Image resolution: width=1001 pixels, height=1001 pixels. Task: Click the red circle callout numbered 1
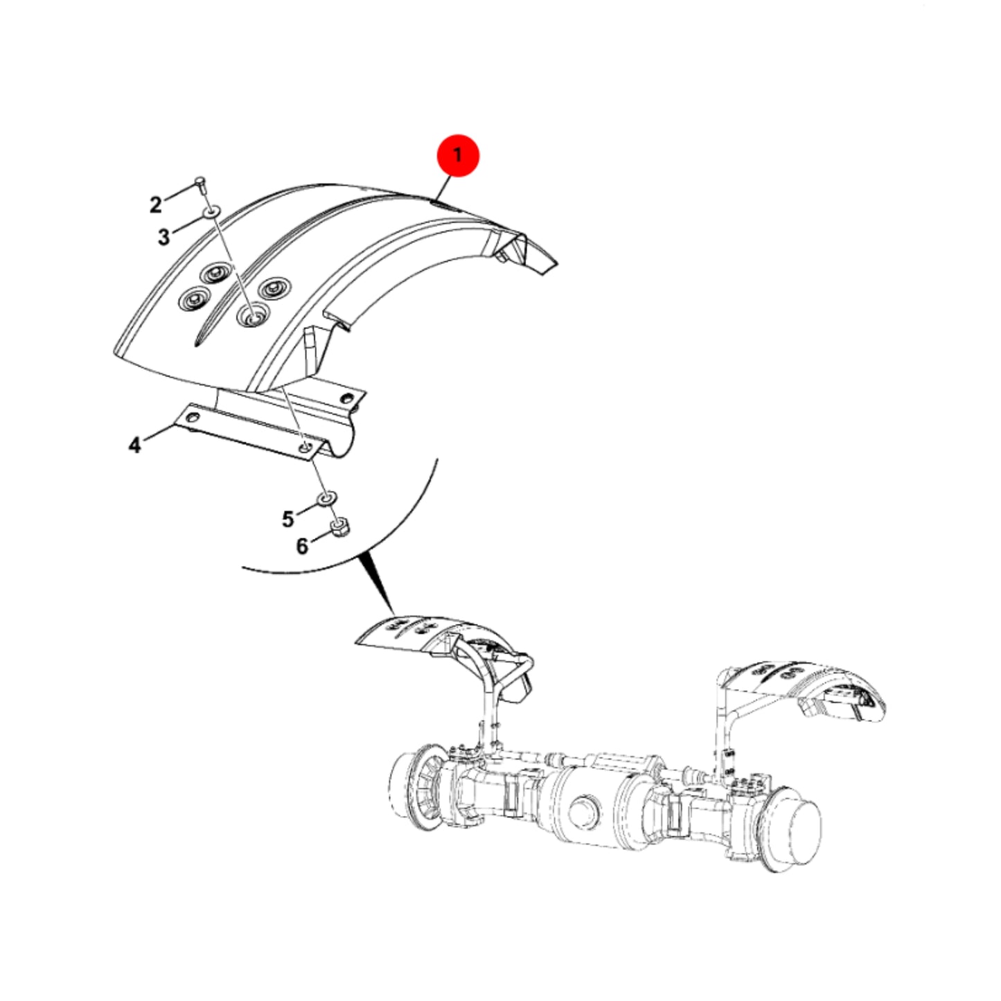457,154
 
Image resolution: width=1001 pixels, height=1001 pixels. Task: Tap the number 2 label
155,204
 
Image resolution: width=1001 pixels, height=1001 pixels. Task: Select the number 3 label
164,237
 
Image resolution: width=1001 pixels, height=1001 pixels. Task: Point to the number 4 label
134,445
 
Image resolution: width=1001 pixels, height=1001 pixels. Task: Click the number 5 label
287,518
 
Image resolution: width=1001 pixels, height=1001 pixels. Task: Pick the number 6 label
302,546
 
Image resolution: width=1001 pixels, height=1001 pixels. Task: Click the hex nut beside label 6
341,528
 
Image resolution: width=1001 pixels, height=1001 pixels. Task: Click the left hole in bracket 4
193,418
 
